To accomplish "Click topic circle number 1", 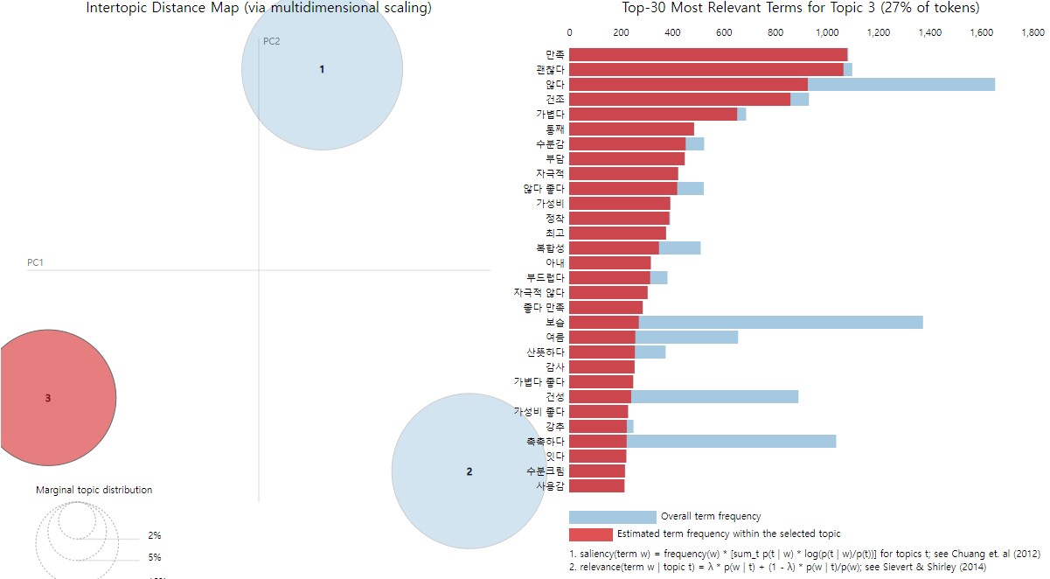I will click(x=322, y=69).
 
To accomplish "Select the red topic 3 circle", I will click(x=49, y=398).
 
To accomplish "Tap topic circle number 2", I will click(x=469, y=471).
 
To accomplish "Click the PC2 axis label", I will click(x=272, y=41).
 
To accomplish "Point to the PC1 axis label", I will click(x=36, y=262).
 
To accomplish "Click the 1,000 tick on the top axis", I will click(x=826, y=33).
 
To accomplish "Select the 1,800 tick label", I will click(x=1033, y=33).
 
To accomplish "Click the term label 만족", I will click(x=554, y=55).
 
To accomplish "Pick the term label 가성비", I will click(x=550, y=203).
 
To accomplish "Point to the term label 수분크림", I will click(x=550, y=471).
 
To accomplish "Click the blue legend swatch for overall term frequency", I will click(x=612, y=517).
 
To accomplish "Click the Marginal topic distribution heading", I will click(x=94, y=490).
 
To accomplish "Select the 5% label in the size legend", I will click(x=155, y=557).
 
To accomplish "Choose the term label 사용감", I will click(x=550, y=485).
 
